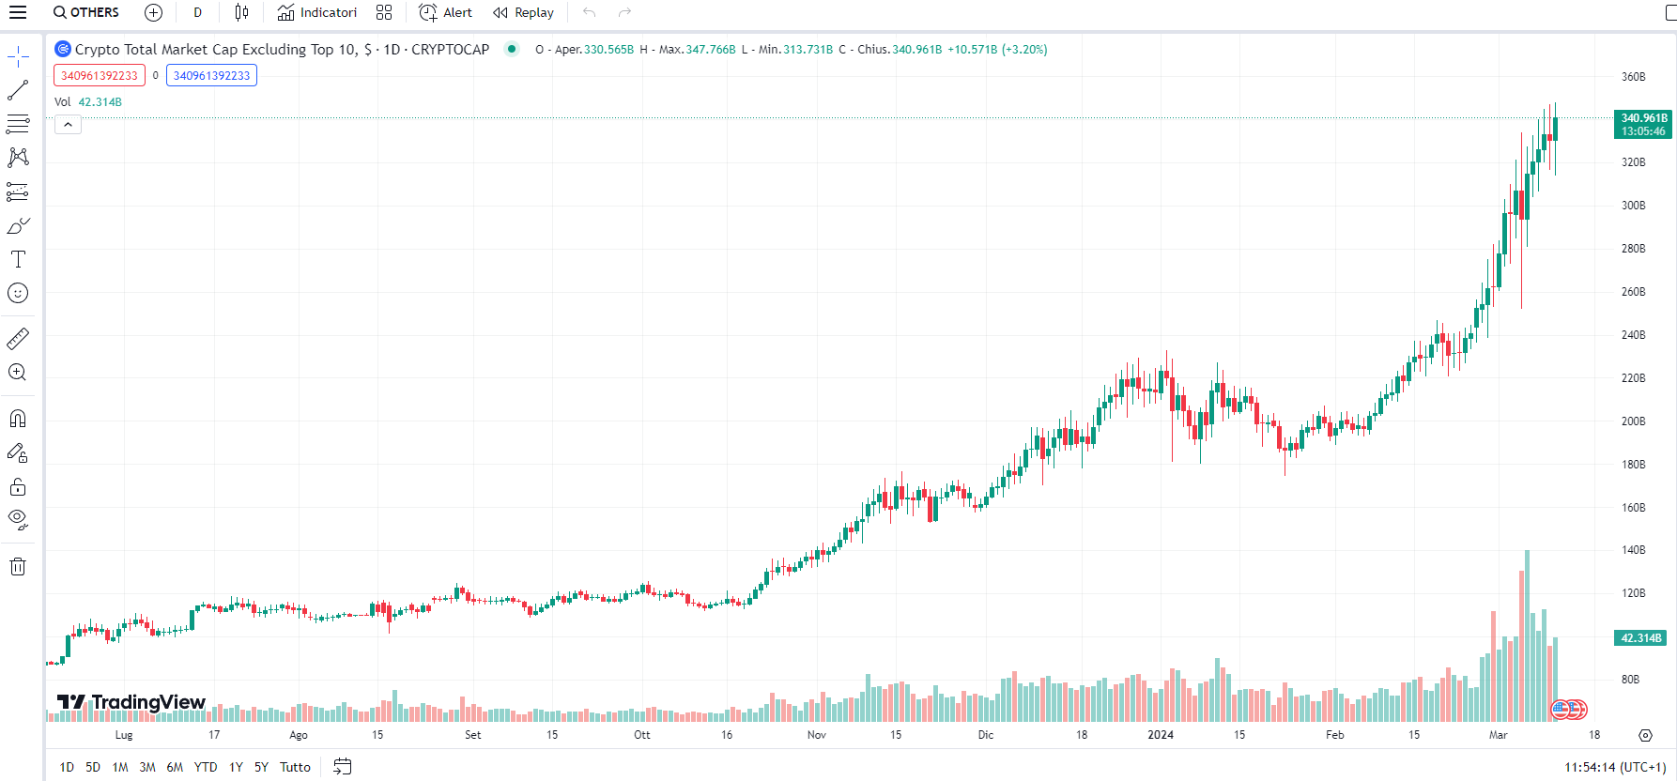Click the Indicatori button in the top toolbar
coord(317,12)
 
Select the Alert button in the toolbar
coord(446,12)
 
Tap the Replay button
coord(524,12)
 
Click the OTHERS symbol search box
coord(86,12)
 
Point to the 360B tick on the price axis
coord(1633,77)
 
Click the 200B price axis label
coord(1633,421)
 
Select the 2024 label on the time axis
coord(1161,735)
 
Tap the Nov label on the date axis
coord(817,735)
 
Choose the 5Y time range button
coord(261,767)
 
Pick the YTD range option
coord(206,767)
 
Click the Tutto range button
coord(295,767)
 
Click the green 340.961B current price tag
coord(1643,124)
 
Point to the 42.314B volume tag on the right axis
coord(1641,638)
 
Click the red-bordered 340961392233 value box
coord(100,76)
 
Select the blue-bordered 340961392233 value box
coord(211,76)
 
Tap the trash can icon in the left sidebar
coord(18,566)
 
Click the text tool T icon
coord(18,259)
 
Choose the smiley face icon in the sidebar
coord(18,293)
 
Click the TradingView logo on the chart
coord(131,702)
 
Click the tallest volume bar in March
coord(1527,638)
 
